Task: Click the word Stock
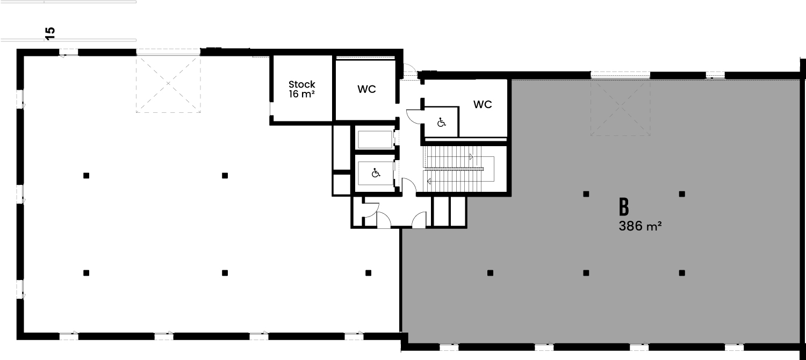301,84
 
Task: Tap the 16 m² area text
302,94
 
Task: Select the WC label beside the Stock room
366,89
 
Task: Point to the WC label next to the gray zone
483,104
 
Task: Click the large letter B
623,207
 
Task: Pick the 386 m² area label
640,226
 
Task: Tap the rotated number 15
51,33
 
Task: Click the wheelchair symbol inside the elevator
376,174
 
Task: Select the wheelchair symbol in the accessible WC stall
442,123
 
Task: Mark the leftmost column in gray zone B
490,273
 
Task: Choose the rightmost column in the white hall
368,273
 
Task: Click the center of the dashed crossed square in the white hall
168,84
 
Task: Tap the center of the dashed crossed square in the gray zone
620,106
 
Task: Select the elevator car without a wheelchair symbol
375,139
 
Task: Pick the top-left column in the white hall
86,176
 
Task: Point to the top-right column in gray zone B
682,194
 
